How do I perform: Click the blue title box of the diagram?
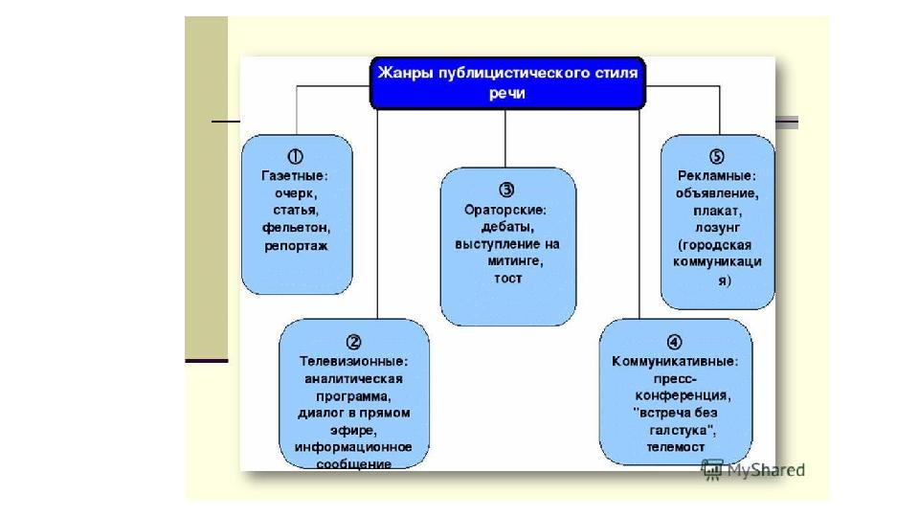(507, 82)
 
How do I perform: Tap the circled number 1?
(296, 156)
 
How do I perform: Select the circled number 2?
(353, 342)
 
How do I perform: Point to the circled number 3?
(507, 190)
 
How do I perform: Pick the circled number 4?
(674, 342)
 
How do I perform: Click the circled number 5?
(717, 156)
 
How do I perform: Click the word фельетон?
(296, 229)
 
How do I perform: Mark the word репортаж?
(296, 246)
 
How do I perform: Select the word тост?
(507, 279)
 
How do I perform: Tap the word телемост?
(674, 447)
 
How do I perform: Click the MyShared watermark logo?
(753, 470)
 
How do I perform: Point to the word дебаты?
(507, 226)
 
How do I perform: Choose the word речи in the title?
(507, 93)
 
